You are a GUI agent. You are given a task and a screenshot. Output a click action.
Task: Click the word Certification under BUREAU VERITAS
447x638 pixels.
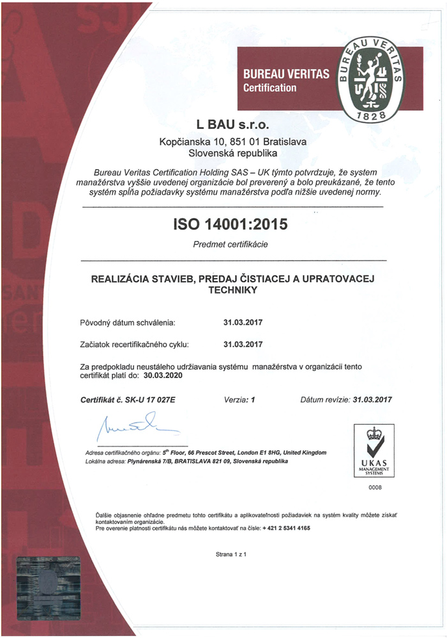pyautogui.click(x=270, y=88)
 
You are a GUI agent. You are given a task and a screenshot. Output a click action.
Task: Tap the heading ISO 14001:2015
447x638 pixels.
pyautogui.click(x=231, y=224)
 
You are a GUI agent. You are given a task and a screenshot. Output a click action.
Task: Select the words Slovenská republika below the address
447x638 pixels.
pyautogui.click(x=231, y=153)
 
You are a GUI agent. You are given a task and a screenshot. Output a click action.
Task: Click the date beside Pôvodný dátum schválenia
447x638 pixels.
pyautogui.click(x=243, y=323)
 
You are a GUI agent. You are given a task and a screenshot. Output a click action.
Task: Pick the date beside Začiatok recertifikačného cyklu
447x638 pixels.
pyautogui.click(x=243, y=345)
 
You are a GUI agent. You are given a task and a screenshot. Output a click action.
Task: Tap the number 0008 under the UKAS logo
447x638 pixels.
pyautogui.click(x=374, y=488)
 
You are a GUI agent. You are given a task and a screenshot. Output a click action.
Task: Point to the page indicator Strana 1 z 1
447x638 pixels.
pyautogui.click(x=231, y=554)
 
